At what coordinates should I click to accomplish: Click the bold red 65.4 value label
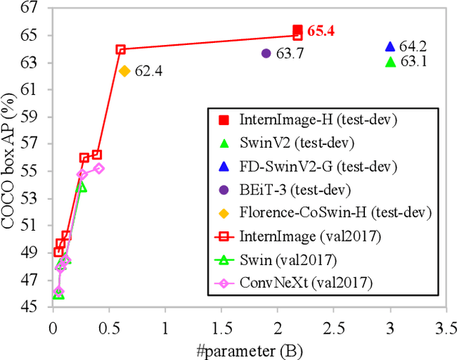point(321,31)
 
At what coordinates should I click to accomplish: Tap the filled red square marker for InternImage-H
point(298,31)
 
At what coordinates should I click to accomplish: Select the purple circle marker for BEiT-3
point(266,53)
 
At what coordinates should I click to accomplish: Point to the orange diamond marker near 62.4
point(124,71)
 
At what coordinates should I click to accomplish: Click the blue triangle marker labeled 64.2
point(390,46)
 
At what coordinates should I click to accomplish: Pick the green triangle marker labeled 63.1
point(390,62)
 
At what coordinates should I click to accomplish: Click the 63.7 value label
point(290,54)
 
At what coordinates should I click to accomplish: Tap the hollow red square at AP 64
point(121,49)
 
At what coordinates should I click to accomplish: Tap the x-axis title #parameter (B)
point(249,350)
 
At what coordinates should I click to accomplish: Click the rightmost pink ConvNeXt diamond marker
point(99,169)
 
